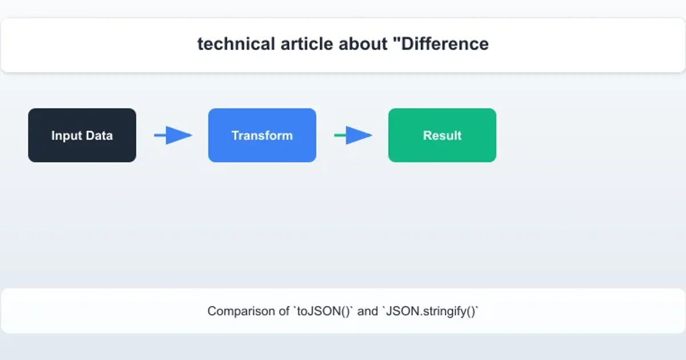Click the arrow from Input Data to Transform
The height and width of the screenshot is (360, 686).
173,135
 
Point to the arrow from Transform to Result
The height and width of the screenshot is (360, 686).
353,135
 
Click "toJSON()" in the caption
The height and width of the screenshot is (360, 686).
324,311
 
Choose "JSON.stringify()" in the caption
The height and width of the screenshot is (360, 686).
430,311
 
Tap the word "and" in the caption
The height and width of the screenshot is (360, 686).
368,311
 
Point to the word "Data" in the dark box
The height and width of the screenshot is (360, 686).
99,135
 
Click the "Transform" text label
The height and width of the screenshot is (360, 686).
262,135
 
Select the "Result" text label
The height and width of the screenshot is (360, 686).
442,135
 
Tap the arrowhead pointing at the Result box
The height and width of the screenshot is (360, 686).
360,135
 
